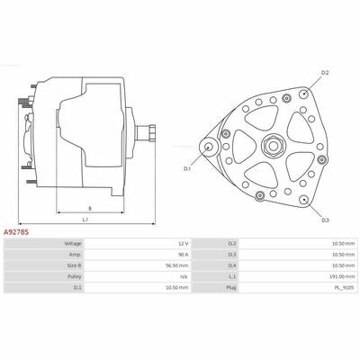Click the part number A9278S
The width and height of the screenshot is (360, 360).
click(x=16, y=232)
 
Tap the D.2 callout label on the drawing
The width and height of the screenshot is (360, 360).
click(x=325, y=73)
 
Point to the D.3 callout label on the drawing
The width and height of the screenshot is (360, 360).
click(x=326, y=220)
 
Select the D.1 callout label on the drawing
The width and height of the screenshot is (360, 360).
click(x=187, y=169)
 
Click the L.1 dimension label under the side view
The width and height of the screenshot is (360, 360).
click(x=85, y=220)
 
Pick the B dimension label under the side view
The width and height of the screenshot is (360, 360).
click(x=90, y=208)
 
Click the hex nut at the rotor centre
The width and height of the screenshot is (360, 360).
click(x=273, y=146)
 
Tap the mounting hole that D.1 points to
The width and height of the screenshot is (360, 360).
click(x=208, y=147)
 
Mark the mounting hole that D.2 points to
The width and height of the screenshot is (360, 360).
click(x=304, y=94)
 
